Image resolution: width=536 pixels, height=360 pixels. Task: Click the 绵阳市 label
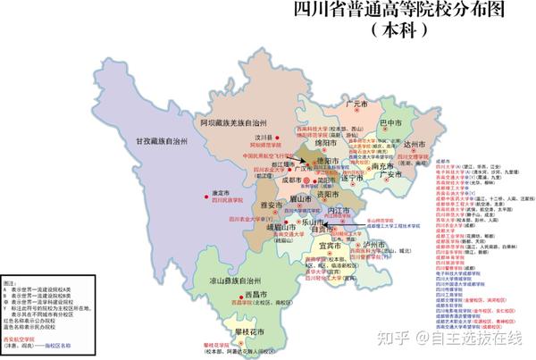coord(324,142)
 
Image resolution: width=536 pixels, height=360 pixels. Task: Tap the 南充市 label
coord(382,165)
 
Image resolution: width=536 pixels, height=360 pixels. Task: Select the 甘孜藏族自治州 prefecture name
coord(164,140)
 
